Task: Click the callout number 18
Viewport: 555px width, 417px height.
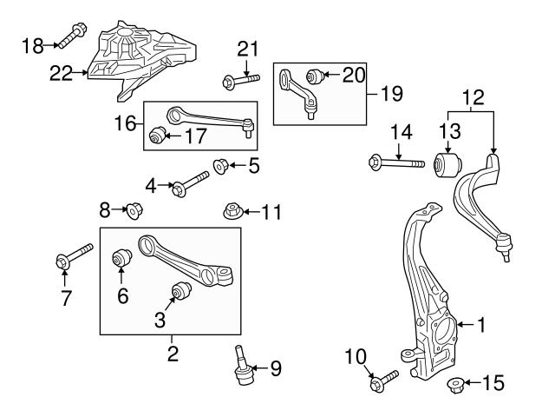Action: [31, 44]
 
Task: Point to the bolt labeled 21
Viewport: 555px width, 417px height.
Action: [242, 82]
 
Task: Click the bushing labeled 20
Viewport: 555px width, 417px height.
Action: [317, 76]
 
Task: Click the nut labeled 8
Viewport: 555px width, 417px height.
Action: [134, 209]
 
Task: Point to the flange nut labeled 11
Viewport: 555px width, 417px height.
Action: [231, 211]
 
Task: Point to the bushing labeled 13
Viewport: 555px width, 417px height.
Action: [449, 163]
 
